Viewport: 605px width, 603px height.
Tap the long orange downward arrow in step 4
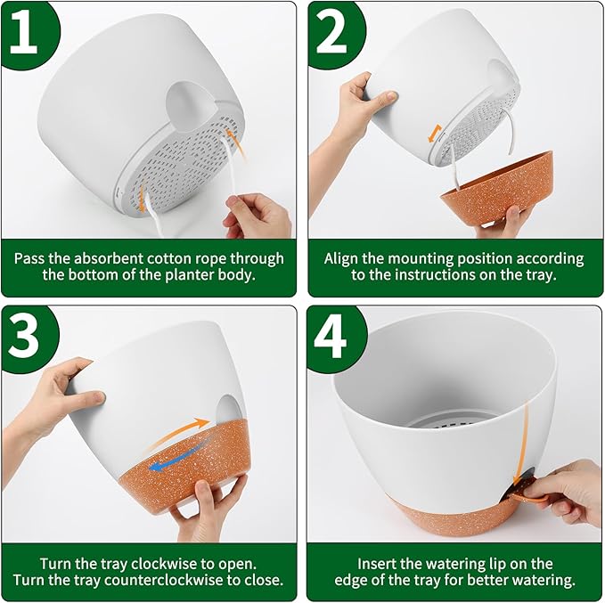click(x=521, y=444)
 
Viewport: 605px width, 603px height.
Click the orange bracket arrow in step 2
click(x=435, y=134)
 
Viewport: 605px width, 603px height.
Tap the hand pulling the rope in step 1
click(x=258, y=216)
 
